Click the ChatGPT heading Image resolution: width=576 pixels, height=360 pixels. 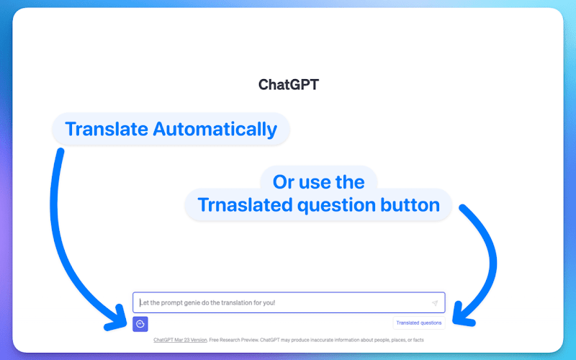(x=289, y=84)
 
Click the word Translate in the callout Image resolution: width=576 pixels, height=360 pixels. (x=107, y=129)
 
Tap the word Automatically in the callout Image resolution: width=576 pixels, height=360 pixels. (x=215, y=130)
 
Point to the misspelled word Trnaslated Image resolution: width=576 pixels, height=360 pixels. (x=245, y=204)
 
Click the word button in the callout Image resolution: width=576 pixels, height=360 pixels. (x=410, y=204)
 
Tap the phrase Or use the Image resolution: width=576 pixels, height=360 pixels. (x=318, y=182)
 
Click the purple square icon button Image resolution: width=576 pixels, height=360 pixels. (x=140, y=324)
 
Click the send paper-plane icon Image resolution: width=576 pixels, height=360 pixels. (x=435, y=303)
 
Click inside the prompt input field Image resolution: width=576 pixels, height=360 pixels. (x=289, y=302)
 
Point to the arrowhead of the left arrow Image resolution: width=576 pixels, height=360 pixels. (x=117, y=319)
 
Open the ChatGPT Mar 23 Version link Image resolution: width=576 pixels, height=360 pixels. (x=180, y=340)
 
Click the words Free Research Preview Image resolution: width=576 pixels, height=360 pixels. (x=233, y=340)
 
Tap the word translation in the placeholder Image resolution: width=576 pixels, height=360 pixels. (x=240, y=302)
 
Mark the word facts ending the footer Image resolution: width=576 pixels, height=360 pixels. (x=418, y=340)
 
